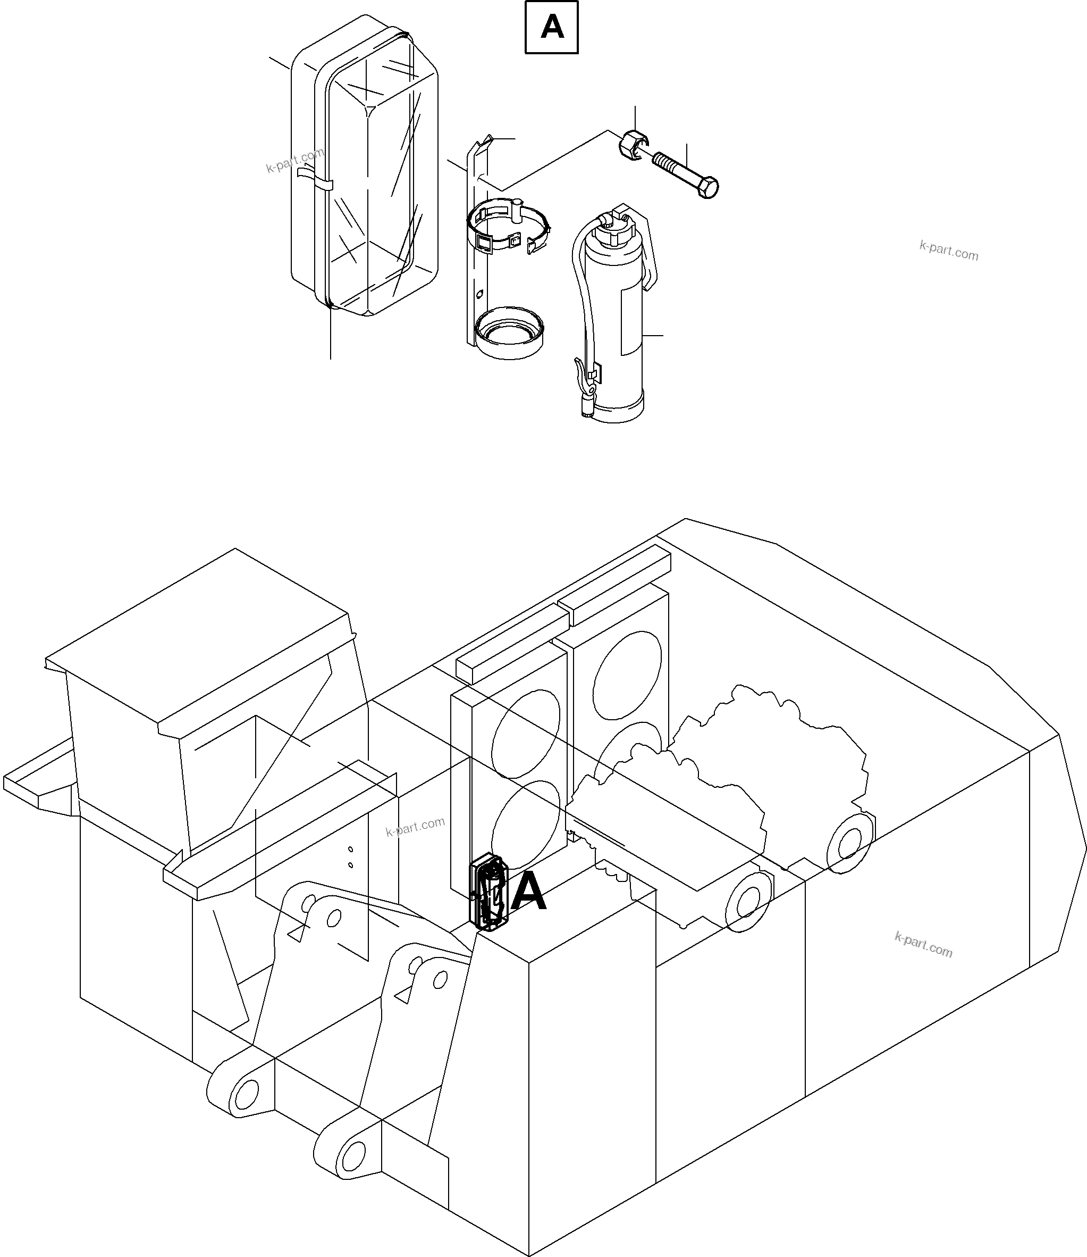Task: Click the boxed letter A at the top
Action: coord(551,27)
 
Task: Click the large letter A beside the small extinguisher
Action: coord(528,892)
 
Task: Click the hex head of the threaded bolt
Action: coord(708,188)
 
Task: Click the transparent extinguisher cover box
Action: coord(364,170)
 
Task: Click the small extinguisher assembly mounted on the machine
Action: coord(489,892)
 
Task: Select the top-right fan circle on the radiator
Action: coord(627,675)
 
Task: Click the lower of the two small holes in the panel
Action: coord(351,864)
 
